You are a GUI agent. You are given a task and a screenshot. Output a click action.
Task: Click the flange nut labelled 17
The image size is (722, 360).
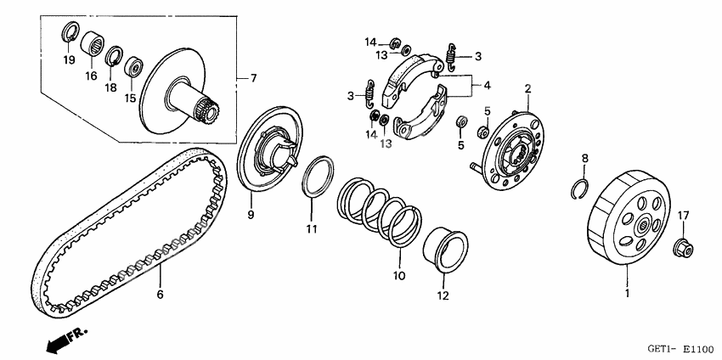tap(683, 248)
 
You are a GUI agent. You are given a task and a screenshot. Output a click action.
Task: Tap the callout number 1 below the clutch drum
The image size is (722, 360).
tap(626, 292)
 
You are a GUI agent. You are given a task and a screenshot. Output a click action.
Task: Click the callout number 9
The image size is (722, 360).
tap(251, 216)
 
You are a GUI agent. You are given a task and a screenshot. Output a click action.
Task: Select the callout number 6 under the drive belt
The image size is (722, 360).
tap(160, 295)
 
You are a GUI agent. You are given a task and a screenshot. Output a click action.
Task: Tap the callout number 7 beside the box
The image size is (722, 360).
tap(253, 78)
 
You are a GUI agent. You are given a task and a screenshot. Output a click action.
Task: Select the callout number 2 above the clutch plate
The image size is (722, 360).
tap(527, 88)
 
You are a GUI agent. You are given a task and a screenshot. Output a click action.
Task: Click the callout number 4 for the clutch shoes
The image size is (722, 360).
tap(488, 85)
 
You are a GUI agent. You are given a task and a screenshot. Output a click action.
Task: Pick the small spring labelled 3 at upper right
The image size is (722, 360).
tap(452, 57)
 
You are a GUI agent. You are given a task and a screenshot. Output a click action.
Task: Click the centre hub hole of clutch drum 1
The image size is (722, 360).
tap(643, 226)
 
